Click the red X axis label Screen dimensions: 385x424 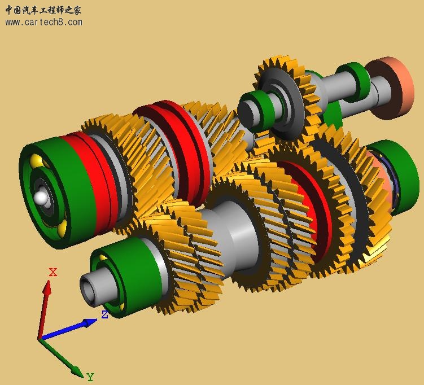point(53,272)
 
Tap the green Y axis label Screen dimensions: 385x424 point(90,377)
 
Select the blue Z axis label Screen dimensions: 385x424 point(104,314)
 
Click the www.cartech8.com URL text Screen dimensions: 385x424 point(43,23)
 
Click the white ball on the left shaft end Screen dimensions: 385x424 point(41,197)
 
